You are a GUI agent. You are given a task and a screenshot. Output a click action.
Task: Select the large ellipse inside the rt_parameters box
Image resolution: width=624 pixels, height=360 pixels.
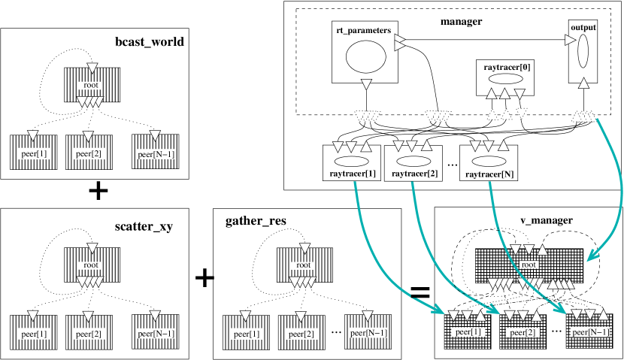point(365,56)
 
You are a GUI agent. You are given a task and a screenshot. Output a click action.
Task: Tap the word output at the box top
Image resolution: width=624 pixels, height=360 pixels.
point(583,27)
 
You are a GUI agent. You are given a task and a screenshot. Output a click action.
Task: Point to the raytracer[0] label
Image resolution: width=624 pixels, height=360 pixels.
point(506,67)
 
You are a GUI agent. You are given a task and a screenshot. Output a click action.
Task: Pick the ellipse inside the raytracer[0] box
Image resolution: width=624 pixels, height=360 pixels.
point(506,79)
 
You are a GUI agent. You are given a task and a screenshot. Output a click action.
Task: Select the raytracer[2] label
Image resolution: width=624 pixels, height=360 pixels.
point(413,174)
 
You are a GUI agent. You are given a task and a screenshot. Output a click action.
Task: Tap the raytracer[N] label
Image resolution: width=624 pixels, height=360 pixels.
point(490,174)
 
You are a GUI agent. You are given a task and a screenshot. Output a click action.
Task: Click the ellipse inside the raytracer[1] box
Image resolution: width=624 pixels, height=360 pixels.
point(351,162)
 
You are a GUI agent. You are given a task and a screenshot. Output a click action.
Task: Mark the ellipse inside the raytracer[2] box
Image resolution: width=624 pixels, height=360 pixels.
point(413,162)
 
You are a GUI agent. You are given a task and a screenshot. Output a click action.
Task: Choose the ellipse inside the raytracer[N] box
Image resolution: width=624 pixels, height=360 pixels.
point(489,162)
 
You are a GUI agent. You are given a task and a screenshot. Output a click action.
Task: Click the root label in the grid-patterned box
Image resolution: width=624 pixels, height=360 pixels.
point(529,264)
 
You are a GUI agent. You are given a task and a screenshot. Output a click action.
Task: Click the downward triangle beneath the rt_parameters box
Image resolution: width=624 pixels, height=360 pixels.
point(366,83)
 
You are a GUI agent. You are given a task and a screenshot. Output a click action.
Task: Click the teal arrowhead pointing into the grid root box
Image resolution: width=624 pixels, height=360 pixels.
point(591,257)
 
